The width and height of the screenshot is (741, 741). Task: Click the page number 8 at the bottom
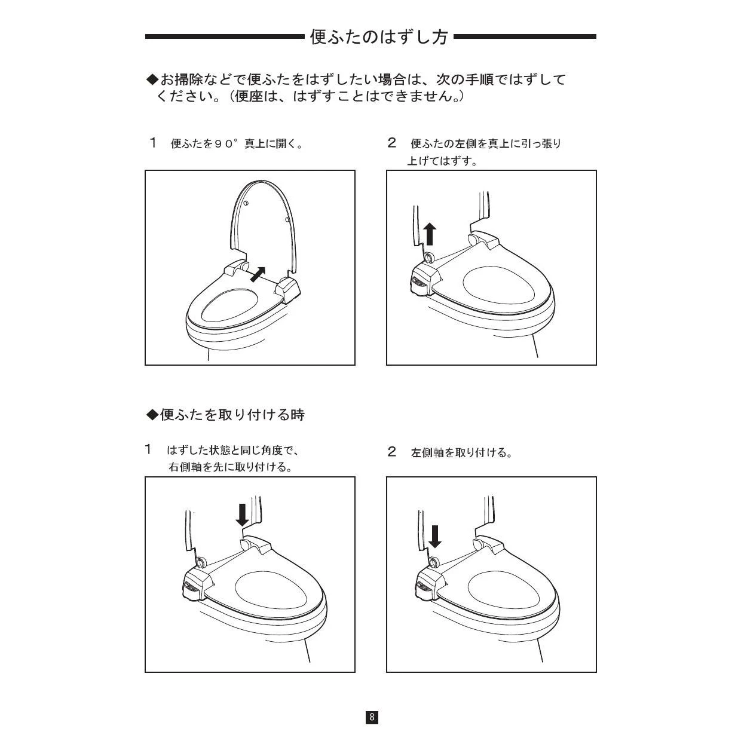coord(372,716)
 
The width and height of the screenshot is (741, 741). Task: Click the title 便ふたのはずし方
coord(379,37)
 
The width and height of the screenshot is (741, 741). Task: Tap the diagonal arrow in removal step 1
coord(258,274)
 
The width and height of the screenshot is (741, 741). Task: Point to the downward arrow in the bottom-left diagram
coord(242,515)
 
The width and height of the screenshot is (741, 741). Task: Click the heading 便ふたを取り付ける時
coord(225,415)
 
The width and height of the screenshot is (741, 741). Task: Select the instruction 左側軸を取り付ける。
coord(461,452)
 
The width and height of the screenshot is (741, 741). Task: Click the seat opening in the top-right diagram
coord(498,284)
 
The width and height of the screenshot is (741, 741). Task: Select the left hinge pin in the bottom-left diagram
coord(201,562)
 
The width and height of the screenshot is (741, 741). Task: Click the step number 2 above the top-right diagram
coord(391,143)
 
